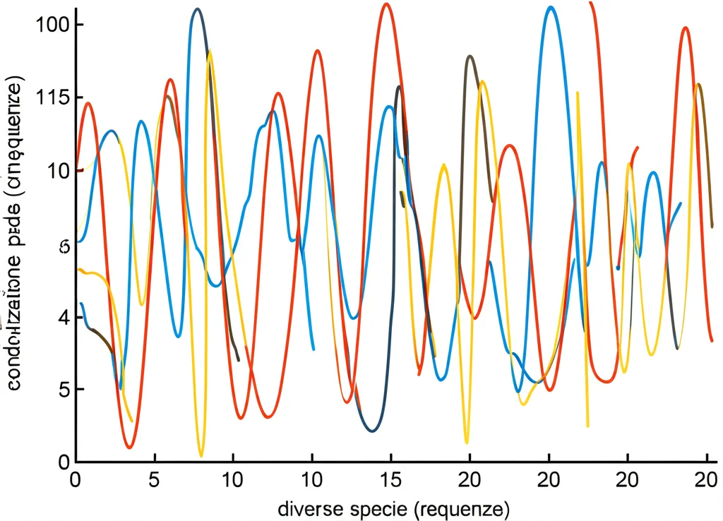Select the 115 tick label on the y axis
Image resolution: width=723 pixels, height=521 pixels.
[x=50, y=97]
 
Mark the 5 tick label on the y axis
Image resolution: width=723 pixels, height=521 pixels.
[x=62, y=390]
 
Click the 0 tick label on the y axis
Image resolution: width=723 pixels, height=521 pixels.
[x=62, y=461]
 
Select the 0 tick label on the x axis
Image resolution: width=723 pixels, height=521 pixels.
[x=76, y=479]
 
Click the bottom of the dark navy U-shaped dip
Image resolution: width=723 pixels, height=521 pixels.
[x=373, y=431]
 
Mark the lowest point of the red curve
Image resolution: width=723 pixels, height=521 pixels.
[x=129, y=448]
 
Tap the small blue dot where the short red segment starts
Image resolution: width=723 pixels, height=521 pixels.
[x=618, y=268]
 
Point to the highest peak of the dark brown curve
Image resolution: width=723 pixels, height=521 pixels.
[x=470, y=56]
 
